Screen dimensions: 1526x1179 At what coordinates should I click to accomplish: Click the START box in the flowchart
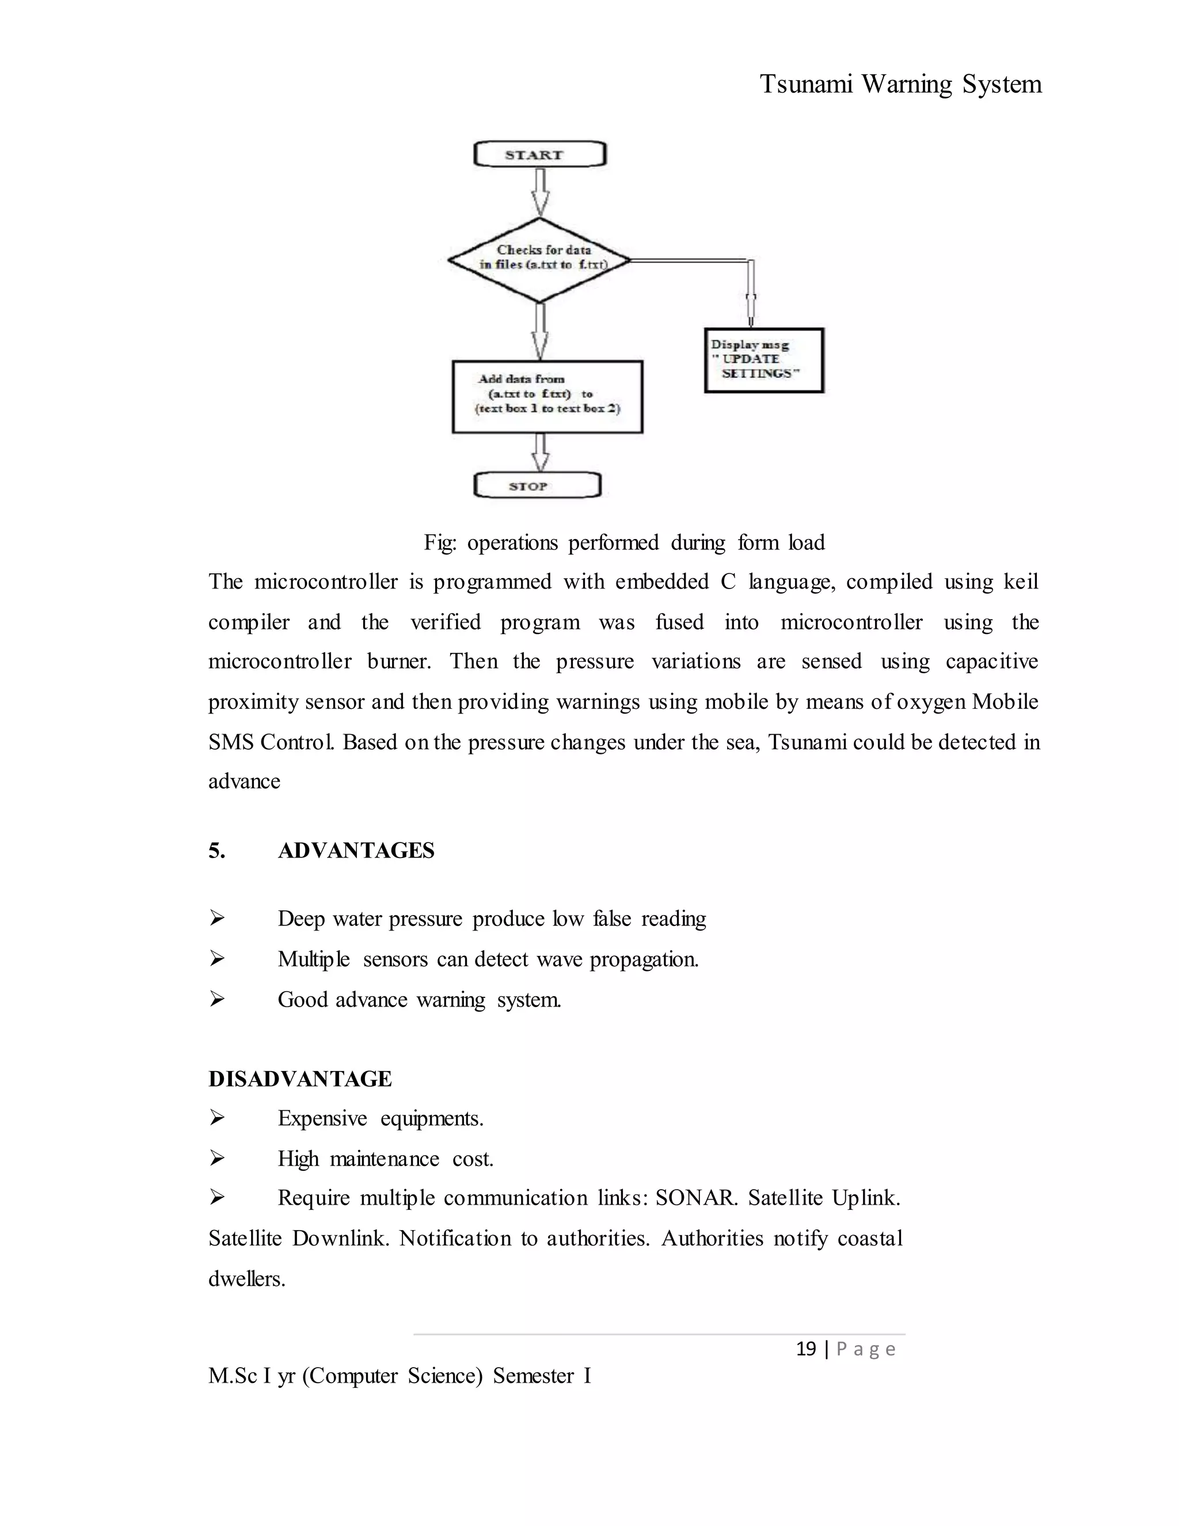click(x=539, y=154)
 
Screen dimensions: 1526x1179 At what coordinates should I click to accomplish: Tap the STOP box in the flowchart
click(x=537, y=485)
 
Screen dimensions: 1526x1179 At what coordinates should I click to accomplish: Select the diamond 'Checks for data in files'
click(x=539, y=260)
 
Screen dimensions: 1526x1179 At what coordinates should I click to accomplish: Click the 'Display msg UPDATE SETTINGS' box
click(x=763, y=360)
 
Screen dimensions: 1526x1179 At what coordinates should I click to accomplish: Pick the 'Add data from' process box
click(x=547, y=396)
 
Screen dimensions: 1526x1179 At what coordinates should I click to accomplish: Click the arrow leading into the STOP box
click(x=540, y=453)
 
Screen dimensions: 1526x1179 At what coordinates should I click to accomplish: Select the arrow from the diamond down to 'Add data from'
click(x=540, y=332)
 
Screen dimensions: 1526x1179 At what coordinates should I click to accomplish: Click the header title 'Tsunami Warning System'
click(x=900, y=85)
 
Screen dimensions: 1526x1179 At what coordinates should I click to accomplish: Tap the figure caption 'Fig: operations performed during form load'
click(x=623, y=542)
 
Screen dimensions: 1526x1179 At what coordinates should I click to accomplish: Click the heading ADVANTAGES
click(x=356, y=851)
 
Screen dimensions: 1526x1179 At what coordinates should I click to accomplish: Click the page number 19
click(x=806, y=1349)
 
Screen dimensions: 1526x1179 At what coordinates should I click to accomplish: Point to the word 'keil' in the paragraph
click(x=1021, y=582)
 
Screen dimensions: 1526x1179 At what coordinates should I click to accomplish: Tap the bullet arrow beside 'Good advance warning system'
click(x=217, y=1000)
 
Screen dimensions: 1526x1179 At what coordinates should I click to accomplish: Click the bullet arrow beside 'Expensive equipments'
click(x=217, y=1119)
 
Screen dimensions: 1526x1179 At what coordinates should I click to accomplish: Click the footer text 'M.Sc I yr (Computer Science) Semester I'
click(x=400, y=1376)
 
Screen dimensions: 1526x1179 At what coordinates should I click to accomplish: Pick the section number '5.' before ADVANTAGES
click(x=216, y=851)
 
